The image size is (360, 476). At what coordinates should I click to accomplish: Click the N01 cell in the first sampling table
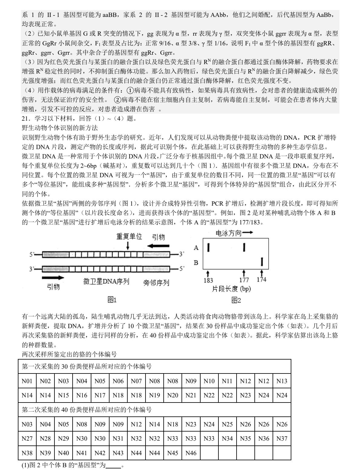point(27,381)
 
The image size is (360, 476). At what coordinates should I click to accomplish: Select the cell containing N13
point(282,381)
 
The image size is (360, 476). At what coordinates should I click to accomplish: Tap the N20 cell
point(172,395)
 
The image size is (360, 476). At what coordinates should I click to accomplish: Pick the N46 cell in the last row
point(191,453)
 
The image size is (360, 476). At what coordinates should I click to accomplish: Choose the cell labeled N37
point(282,439)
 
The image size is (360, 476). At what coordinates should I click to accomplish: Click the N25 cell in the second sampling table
point(227,424)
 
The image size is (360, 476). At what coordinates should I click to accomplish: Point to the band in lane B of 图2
point(262,262)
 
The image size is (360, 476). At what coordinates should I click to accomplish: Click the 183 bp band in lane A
point(208,247)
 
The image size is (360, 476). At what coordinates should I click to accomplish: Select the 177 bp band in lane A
point(244,247)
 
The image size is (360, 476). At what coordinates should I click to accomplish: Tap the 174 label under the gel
point(261,280)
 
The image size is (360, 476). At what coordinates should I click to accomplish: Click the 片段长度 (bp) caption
point(231,289)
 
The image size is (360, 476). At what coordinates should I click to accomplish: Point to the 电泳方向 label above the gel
point(229,233)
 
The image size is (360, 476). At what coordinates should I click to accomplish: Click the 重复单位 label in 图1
point(129,236)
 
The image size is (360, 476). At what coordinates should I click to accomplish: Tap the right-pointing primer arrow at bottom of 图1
point(53,278)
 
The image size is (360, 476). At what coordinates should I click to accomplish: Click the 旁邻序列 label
point(156,283)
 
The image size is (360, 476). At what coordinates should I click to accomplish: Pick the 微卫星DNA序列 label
point(106,282)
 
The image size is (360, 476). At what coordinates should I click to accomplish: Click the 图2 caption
point(236,300)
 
